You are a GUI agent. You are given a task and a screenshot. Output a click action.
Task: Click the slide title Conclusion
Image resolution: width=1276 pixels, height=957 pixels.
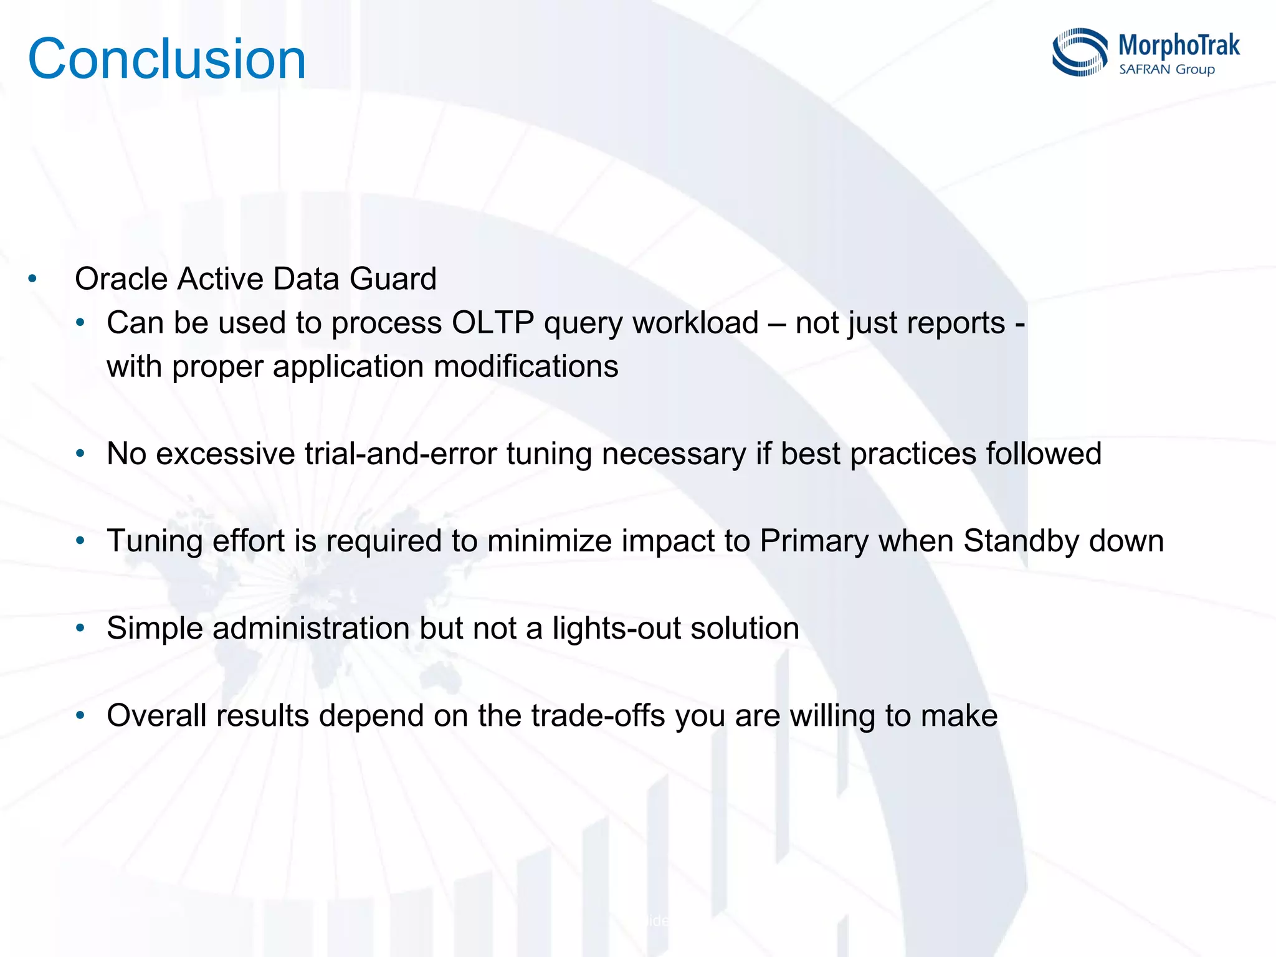click(167, 59)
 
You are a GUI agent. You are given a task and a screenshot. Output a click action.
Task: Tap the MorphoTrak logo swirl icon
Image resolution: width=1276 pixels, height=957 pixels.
click(1080, 52)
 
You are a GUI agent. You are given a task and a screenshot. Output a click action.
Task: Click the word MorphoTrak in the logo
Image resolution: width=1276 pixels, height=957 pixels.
click(1179, 45)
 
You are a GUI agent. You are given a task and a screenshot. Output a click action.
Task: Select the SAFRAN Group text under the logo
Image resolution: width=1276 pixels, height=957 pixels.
click(1167, 69)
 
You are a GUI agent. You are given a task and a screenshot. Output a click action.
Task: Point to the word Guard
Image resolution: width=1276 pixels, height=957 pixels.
click(393, 279)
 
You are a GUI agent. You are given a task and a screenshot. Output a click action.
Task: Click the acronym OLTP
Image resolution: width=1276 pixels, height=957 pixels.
click(492, 323)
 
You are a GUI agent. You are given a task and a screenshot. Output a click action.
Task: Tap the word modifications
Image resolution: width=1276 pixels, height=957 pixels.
click(526, 366)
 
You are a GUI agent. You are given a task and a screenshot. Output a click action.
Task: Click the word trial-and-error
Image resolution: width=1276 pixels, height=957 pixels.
click(401, 454)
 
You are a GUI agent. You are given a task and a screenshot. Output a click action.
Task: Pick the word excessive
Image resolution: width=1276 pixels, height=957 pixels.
click(225, 454)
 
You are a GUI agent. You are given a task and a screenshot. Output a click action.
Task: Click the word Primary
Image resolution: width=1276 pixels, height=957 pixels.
click(814, 541)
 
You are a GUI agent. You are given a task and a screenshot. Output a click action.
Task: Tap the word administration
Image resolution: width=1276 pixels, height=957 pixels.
click(310, 628)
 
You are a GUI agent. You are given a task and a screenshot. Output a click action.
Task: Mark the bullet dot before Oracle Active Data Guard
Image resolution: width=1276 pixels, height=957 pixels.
click(32, 279)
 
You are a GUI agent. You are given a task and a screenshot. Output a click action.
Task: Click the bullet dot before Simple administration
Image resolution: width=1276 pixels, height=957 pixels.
click(80, 628)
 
